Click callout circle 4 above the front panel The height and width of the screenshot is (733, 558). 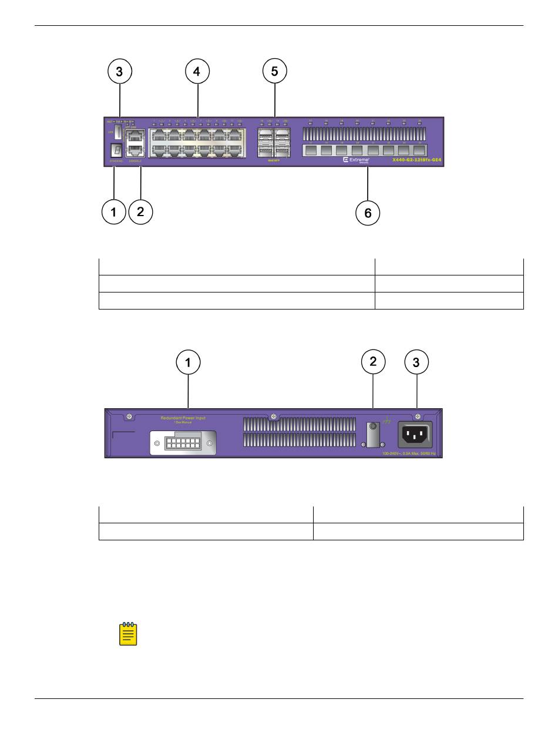pos(197,72)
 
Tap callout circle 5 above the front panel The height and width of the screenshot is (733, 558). pos(274,72)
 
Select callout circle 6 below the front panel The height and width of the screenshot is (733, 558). pos(368,213)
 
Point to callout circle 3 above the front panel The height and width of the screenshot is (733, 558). pos(119,72)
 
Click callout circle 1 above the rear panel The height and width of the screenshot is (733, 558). pos(188,363)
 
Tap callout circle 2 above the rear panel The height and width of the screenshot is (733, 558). pos(373,362)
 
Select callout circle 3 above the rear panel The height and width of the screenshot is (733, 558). pos(416,363)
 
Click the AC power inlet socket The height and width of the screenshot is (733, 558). pos(416,436)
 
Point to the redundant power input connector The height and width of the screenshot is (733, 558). pos(183,443)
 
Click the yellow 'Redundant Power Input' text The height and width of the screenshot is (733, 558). pos(183,418)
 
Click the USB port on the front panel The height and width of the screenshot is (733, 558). pos(117,131)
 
